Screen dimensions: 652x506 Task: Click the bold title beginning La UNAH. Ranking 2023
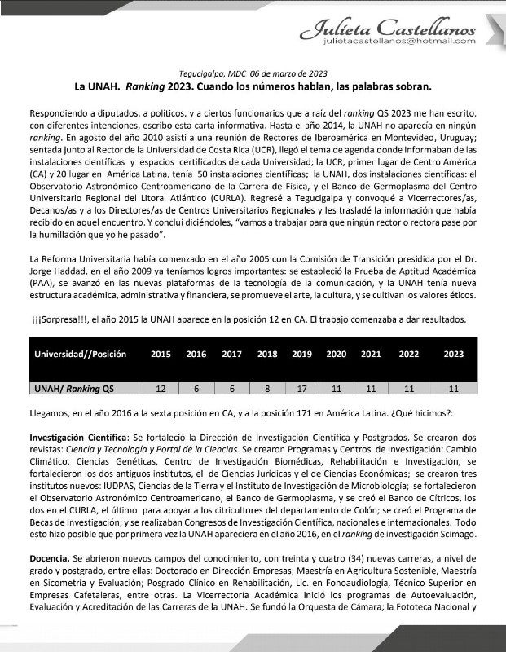pyautogui.click(x=252, y=85)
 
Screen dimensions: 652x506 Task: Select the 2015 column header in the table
pyautogui.click(x=161, y=355)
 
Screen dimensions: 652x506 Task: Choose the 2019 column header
pyautogui.click(x=301, y=355)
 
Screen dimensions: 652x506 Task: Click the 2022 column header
pyautogui.click(x=410, y=355)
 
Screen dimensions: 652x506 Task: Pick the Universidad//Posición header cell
pyautogui.click(x=80, y=355)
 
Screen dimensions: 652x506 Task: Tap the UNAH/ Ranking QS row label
pyautogui.click(x=73, y=388)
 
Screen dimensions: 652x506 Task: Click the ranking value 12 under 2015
pyautogui.click(x=161, y=388)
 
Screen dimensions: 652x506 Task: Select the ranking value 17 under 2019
pyautogui.click(x=301, y=388)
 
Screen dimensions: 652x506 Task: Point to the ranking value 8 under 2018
pyautogui.click(x=266, y=388)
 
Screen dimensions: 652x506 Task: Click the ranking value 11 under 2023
pyautogui.click(x=453, y=388)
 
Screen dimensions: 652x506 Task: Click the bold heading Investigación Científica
pyautogui.click(x=78, y=437)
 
